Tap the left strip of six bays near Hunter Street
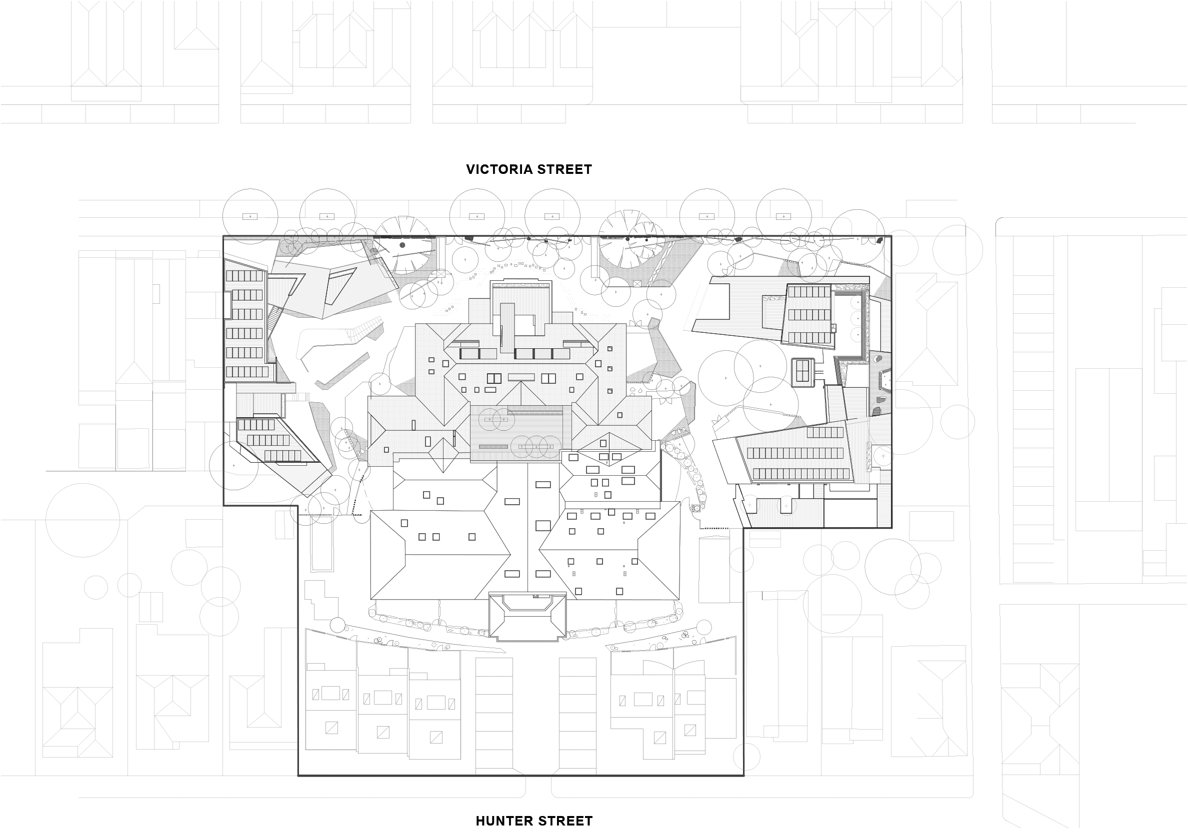[494, 716]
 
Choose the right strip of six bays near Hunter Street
[577, 716]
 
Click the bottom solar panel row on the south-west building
[282, 456]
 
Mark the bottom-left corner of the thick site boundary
[298, 776]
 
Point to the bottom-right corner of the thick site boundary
[743, 776]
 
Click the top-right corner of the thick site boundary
[891, 236]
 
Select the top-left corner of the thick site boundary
[223, 236]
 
